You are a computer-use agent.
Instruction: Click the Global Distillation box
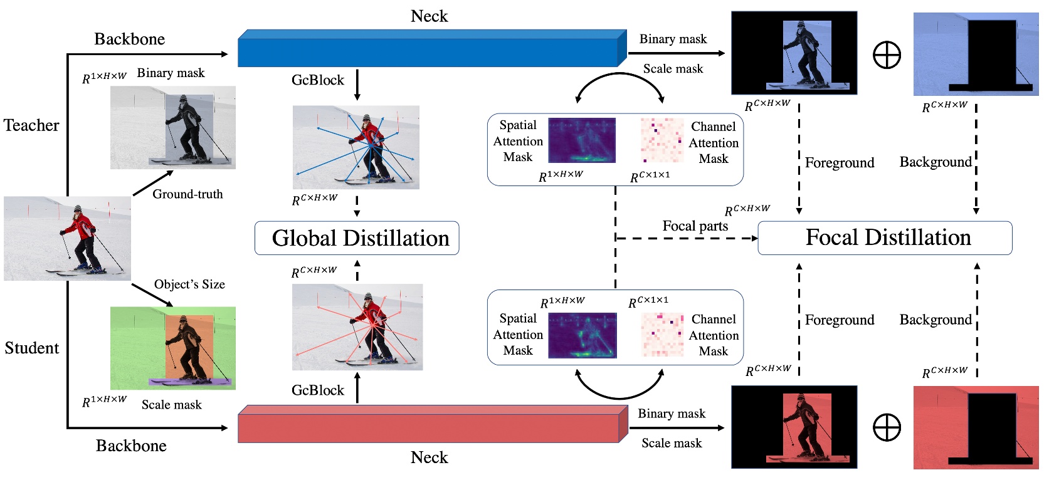pyautogui.click(x=356, y=238)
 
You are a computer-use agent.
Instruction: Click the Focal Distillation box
pyautogui.click(x=885, y=238)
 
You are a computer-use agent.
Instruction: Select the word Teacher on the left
pyautogui.click(x=31, y=125)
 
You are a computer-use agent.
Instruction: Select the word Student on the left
pyautogui.click(x=32, y=348)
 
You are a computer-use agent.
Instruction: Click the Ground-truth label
pyautogui.click(x=187, y=194)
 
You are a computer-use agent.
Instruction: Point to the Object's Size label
pyautogui.click(x=189, y=284)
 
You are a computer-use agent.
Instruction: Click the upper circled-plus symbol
pyautogui.click(x=887, y=55)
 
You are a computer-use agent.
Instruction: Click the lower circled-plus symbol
pyautogui.click(x=887, y=427)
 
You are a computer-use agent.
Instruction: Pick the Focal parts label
pyautogui.click(x=695, y=226)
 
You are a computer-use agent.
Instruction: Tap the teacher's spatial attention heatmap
pyautogui.click(x=582, y=140)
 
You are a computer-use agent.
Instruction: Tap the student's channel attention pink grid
pyautogui.click(x=662, y=334)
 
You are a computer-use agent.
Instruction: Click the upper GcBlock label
pyautogui.click(x=318, y=80)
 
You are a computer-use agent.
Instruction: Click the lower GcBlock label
pyautogui.click(x=318, y=390)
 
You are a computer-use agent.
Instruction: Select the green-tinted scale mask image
pyautogui.click(x=172, y=348)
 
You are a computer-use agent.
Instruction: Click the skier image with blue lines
pyautogui.click(x=356, y=147)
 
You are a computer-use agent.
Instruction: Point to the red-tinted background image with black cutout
pyautogui.click(x=976, y=427)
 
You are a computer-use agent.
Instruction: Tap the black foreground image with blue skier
pyautogui.click(x=794, y=53)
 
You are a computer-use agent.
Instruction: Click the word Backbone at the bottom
pyautogui.click(x=131, y=446)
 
